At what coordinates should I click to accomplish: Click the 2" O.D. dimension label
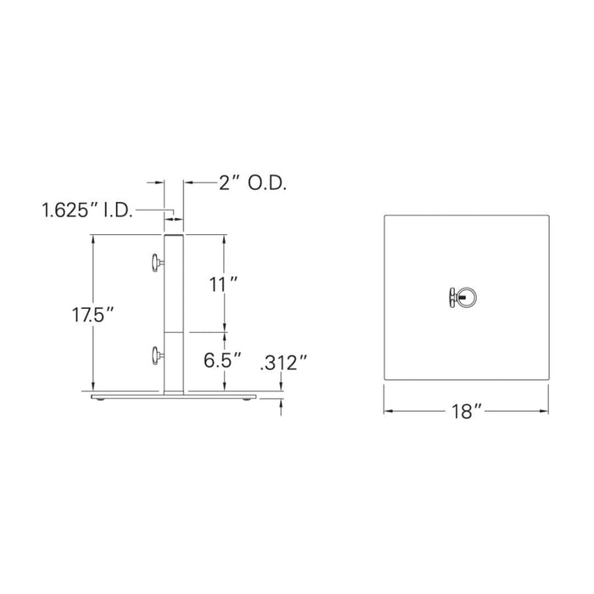(252, 183)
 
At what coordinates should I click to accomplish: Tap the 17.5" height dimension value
(92, 315)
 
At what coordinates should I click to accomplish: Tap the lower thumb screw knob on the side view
(155, 356)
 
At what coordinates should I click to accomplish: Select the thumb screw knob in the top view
(450, 296)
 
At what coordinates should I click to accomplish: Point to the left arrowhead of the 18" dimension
(388, 412)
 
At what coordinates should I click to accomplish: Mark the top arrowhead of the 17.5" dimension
(92, 238)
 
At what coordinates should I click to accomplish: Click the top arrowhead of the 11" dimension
(225, 238)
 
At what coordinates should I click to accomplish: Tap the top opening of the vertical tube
(174, 235)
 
